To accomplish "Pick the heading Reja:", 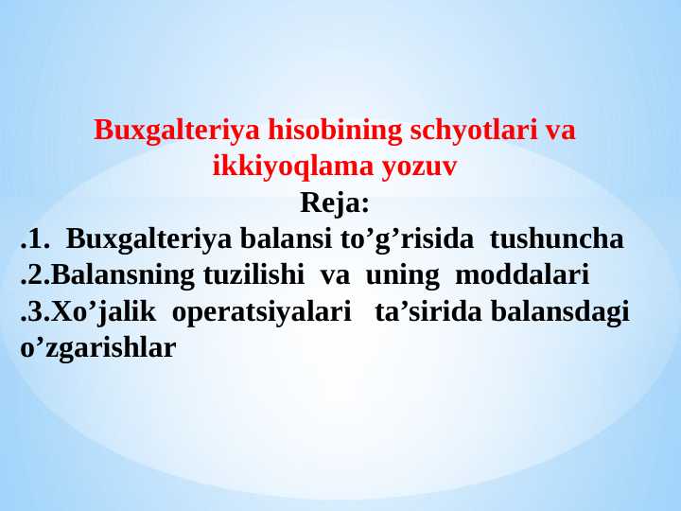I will click(x=335, y=203).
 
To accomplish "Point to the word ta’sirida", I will click(x=429, y=311).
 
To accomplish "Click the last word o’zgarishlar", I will click(x=97, y=347).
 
